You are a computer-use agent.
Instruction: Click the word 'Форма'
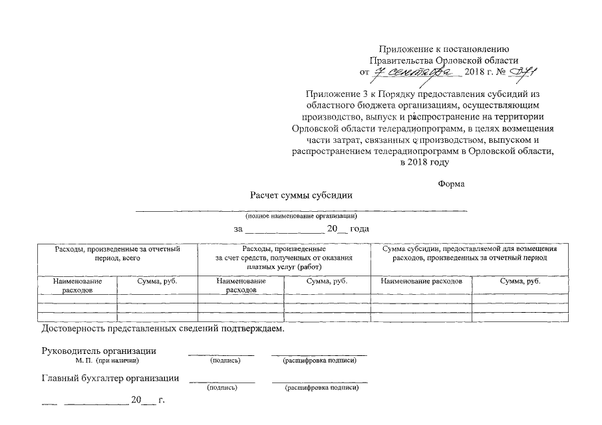click(x=452, y=183)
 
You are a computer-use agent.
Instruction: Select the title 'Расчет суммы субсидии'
click(x=301, y=195)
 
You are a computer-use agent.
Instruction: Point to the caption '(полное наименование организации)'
click(x=301, y=216)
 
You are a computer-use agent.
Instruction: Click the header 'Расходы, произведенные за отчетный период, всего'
click(x=117, y=253)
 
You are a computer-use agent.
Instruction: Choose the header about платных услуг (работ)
click(x=284, y=257)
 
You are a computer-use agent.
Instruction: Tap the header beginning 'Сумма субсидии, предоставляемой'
click(x=470, y=253)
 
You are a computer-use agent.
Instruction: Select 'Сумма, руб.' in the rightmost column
click(x=520, y=281)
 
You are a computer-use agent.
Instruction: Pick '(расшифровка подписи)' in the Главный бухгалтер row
click(x=321, y=388)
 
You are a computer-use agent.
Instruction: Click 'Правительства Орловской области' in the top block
click(x=444, y=60)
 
